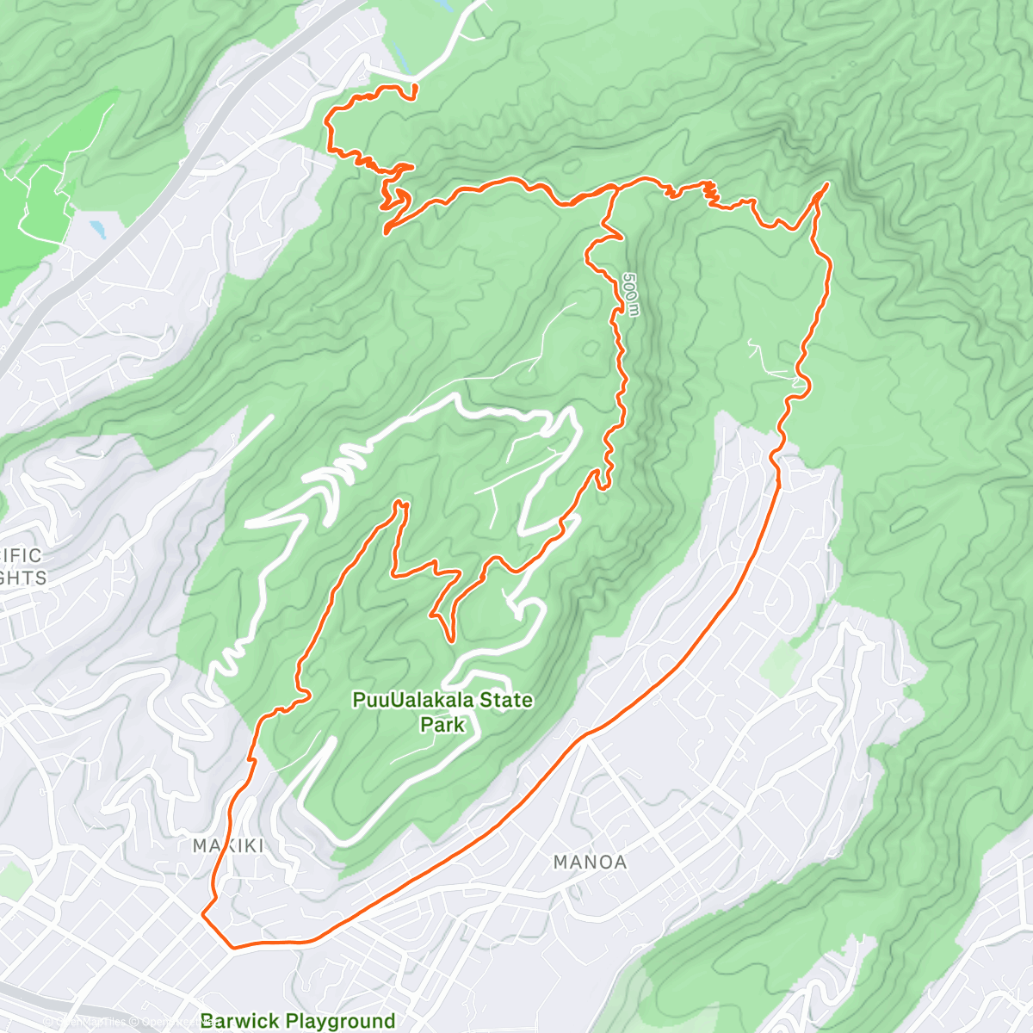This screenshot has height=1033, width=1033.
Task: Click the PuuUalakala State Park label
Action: click(x=442, y=711)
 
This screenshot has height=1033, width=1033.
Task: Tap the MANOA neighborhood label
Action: click(x=590, y=862)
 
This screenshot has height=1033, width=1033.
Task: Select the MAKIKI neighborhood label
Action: click(x=228, y=846)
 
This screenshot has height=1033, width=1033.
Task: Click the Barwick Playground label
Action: click(x=298, y=1022)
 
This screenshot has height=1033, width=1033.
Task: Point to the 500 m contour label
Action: click(x=631, y=294)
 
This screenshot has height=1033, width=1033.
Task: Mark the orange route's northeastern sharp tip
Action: click(x=827, y=184)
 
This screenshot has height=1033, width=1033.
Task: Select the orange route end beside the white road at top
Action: click(x=415, y=86)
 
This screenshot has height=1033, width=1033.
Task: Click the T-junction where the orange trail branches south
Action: click(x=614, y=186)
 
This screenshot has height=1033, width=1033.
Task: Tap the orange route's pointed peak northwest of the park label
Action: click(x=399, y=502)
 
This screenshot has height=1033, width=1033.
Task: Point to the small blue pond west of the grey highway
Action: click(x=96, y=228)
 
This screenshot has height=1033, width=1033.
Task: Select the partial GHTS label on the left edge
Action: click(x=23, y=578)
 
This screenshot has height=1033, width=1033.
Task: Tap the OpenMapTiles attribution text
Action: click(x=82, y=1023)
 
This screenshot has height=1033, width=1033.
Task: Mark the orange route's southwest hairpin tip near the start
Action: click(x=387, y=230)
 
